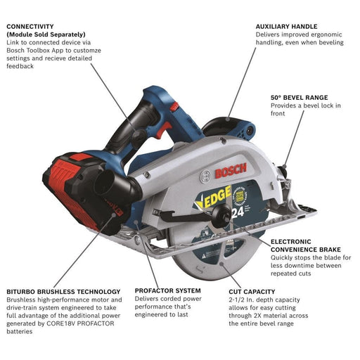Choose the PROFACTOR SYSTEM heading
pos(167,290)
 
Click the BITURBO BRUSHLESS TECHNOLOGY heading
pos(63,290)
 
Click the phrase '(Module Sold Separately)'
pos(46,34)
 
